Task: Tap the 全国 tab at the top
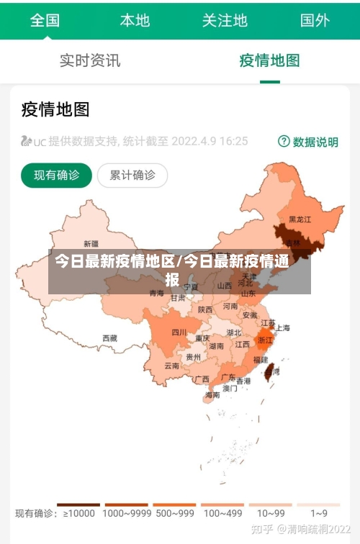[45, 20]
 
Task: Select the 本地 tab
[135, 20]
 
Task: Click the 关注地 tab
[225, 20]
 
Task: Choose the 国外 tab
[315, 20]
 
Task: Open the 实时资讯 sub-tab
[90, 60]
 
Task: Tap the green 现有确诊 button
[56, 175]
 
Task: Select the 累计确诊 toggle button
[132, 175]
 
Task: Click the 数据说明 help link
[308, 142]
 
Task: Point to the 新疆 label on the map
[91, 243]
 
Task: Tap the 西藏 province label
[109, 337]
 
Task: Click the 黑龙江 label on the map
[300, 219]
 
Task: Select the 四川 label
[179, 332]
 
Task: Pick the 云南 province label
[171, 366]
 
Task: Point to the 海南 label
[212, 394]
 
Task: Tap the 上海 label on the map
[283, 327]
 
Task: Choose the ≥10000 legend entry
[79, 513]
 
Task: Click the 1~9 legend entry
[319, 513]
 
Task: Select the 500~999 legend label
[174, 513]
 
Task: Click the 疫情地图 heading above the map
[55, 109]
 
